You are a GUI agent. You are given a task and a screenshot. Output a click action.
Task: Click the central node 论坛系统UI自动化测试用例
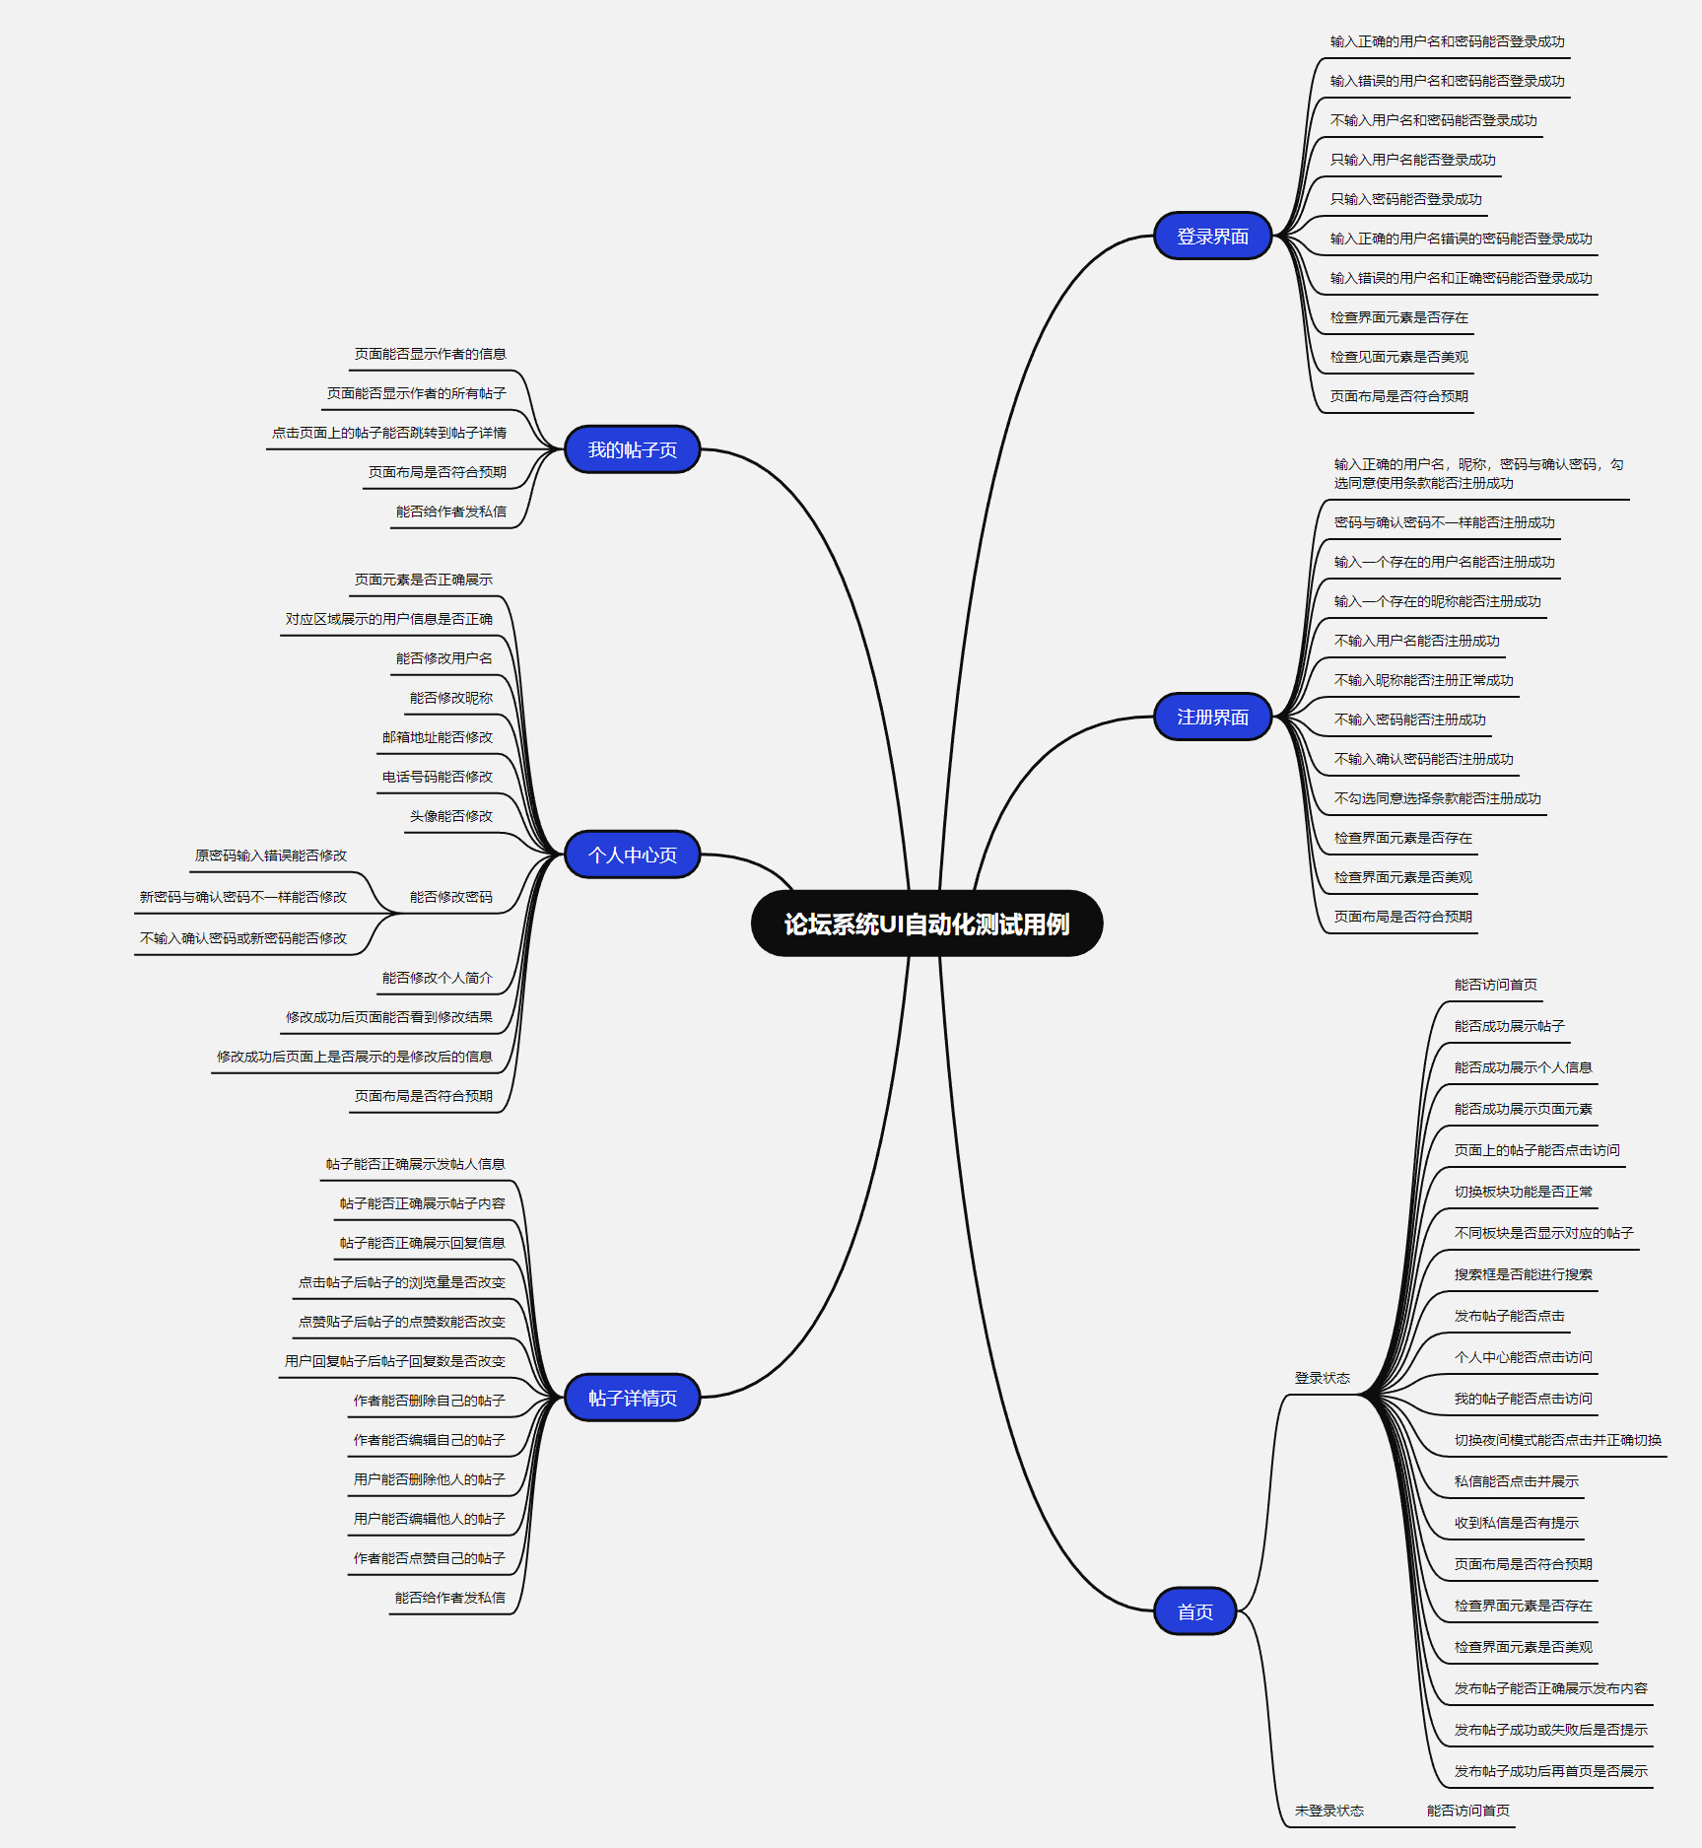pyautogui.click(x=926, y=924)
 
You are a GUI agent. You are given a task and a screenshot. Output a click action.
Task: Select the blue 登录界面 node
pyautogui.click(x=1212, y=237)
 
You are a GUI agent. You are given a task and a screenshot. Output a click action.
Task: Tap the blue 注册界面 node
pyautogui.click(x=1212, y=717)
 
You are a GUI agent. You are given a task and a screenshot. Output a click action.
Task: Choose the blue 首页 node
pyautogui.click(x=1194, y=1611)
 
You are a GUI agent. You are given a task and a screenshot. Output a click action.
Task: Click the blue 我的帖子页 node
pyautogui.click(x=632, y=449)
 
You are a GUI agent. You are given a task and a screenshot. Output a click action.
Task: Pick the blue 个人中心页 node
pyautogui.click(x=632, y=855)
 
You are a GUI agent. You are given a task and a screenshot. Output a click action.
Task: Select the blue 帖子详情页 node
pyautogui.click(x=632, y=1398)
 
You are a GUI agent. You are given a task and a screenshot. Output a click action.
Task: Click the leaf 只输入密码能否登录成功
pyautogui.click(x=1405, y=199)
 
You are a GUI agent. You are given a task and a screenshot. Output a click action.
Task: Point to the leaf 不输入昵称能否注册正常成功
pyautogui.click(x=1423, y=680)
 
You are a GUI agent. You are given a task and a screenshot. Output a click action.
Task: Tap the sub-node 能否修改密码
pyautogui.click(x=450, y=897)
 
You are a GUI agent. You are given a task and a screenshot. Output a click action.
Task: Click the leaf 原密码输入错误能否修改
pyautogui.click(x=271, y=856)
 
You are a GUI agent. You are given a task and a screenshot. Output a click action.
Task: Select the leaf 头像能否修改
pyautogui.click(x=450, y=816)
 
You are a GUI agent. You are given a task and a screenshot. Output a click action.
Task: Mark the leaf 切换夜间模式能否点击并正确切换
pyautogui.click(x=1557, y=1440)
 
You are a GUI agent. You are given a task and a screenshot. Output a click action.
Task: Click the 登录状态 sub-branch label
pyautogui.click(x=1322, y=1378)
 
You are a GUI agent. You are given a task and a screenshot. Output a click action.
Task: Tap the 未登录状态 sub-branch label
pyautogui.click(x=1328, y=1811)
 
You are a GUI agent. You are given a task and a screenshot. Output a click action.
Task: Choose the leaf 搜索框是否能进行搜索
pyautogui.click(x=1523, y=1274)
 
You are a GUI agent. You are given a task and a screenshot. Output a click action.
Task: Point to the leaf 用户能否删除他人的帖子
pyautogui.click(x=429, y=1479)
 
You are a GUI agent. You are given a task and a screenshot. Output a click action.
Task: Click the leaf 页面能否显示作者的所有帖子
pyautogui.click(x=416, y=393)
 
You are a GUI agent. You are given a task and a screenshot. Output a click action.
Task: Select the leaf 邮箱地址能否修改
pyautogui.click(x=437, y=737)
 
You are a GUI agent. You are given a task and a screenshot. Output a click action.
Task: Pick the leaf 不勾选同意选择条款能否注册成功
pyautogui.click(x=1437, y=798)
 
